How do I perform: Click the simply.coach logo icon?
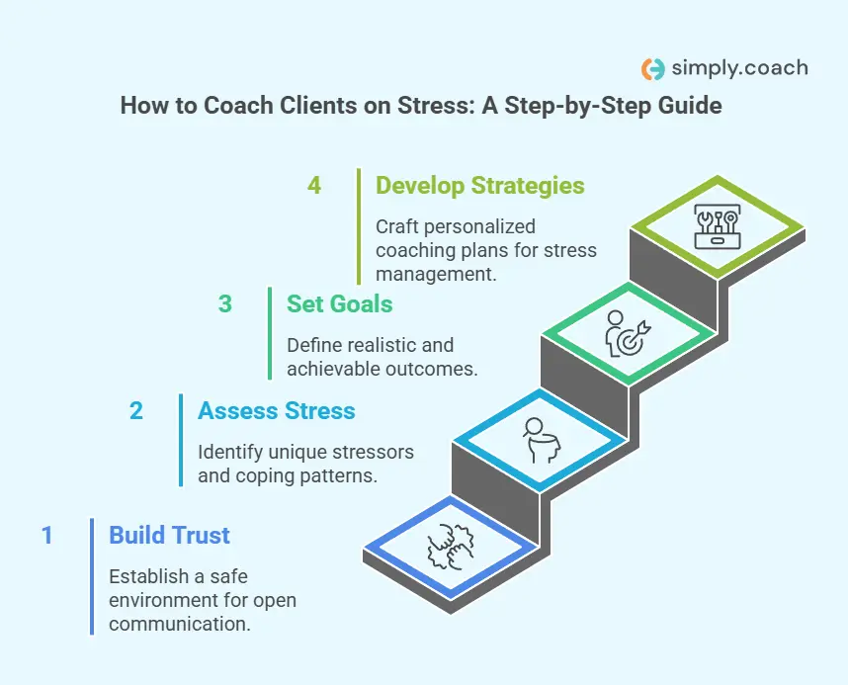pyautogui.click(x=652, y=68)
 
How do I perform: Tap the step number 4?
pyautogui.click(x=314, y=185)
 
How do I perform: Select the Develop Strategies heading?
pyautogui.click(x=480, y=185)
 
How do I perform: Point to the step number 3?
pyautogui.click(x=225, y=303)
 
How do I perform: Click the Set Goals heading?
pyautogui.click(x=339, y=303)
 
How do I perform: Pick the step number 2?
pyautogui.click(x=136, y=409)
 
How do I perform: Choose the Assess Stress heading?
pyautogui.click(x=276, y=409)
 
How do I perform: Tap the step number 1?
pyautogui.click(x=46, y=535)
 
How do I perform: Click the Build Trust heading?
pyautogui.click(x=169, y=535)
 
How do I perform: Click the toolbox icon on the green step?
pyautogui.click(x=717, y=226)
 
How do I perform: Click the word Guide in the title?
pyautogui.click(x=691, y=105)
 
